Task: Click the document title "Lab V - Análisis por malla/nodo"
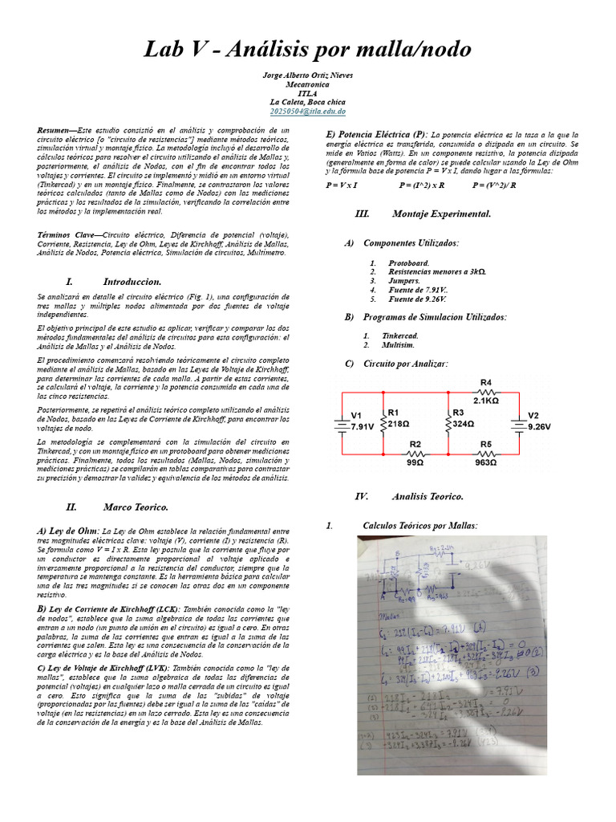coord(307,50)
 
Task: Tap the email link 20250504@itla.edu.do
coord(307,112)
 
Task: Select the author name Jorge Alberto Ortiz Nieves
coord(307,75)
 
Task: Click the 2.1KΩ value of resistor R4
coord(486,400)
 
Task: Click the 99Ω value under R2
coord(415,462)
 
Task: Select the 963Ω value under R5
coord(486,462)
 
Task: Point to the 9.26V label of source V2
coord(539,427)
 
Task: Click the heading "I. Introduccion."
coord(114,282)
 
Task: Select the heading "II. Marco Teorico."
coord(117,507)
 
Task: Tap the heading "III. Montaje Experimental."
coord(422,214)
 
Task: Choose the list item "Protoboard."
coord(408,262)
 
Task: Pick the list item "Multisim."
coord(398,344)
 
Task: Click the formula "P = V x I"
coord(342,185)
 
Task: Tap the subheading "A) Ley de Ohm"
coord(68,531)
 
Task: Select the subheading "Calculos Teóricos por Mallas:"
coord(419,525)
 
